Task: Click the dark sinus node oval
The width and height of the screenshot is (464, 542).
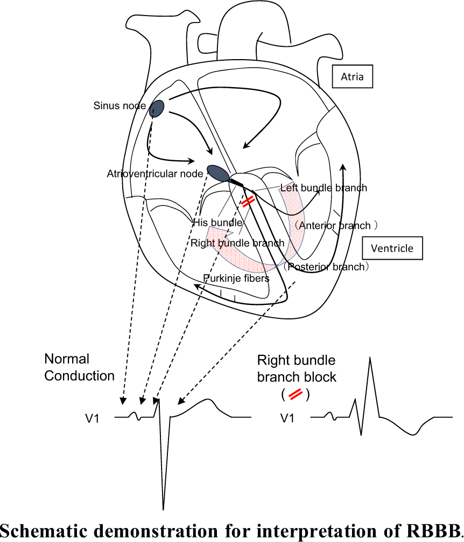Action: click(x=157, y=109)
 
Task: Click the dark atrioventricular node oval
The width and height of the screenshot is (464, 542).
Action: click(x=218, y=173)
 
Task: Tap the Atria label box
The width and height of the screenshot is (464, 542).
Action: click(x=352, y=76)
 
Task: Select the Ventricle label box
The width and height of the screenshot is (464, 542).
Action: click(x=392, y=248)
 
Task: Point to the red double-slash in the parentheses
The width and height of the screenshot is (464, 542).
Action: click(x=296, y=395)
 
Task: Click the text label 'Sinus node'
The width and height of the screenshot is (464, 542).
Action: click(x=119, y=105)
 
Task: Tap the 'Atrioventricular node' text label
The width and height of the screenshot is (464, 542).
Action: click(x=154, y=174)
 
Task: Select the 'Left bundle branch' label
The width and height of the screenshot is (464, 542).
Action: click(x=324, y=188)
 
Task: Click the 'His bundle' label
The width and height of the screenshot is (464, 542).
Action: click(x=217, y=222)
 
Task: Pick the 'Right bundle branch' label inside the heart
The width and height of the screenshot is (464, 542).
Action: click(x=237, y=243)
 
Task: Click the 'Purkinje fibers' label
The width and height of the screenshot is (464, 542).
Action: click(x=236, y=278)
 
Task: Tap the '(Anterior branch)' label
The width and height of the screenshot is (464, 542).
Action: click(x=335, y=226)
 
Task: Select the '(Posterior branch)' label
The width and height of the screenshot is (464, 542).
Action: click(x=326, y=267)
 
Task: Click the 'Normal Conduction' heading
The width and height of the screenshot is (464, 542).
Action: click(x=79, y=367)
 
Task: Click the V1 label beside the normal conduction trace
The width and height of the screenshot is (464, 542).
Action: click(x=93, y=418)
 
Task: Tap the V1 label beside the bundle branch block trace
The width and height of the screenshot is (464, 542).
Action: click(x=287, y=418)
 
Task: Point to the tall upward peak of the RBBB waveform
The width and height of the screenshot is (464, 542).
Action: click(x=370, y=358)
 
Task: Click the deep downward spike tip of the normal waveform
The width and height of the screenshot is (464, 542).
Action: click(x=163, y=509)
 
